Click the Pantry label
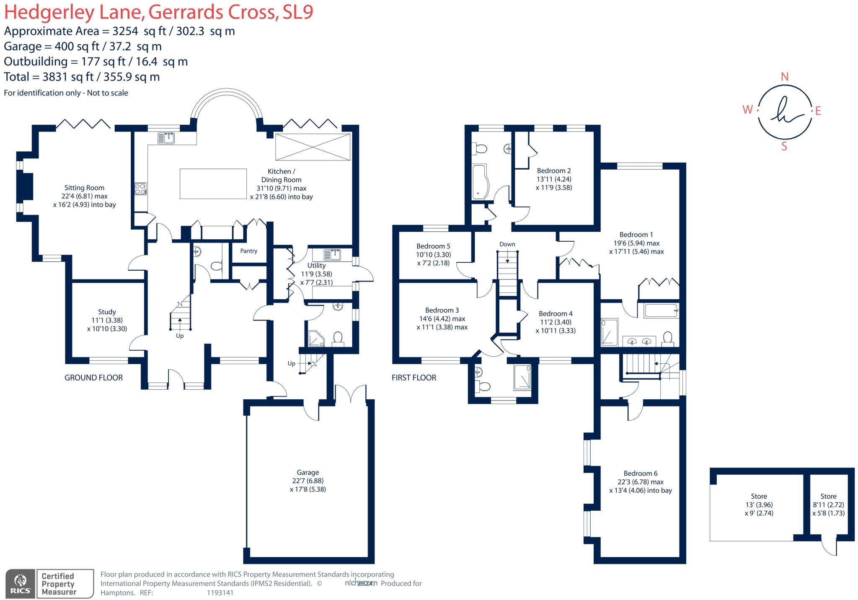click(x=248, y=251)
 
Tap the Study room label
click(x=107, y=312)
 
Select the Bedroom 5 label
click(x=433, y=246)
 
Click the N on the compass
click(x=784, y=77)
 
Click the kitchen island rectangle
click(x=213, y=184)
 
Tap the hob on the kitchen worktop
click(x=140, y=189)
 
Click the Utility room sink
click(x=332, y=254)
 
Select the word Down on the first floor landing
click(x=507, y=244)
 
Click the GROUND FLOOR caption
click(x=93, y=378)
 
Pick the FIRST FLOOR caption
click(x=413, y=378)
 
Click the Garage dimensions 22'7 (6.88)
click(x=308, y=481)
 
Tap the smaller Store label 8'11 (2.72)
click(x=828, y=505)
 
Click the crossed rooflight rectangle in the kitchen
click(x=313, y=147)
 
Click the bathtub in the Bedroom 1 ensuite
click(x=661, y=311)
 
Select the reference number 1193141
click(x=220, y=592)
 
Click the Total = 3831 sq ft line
click(x=82, y=77)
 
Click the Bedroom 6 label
click(x=640, y=473)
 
